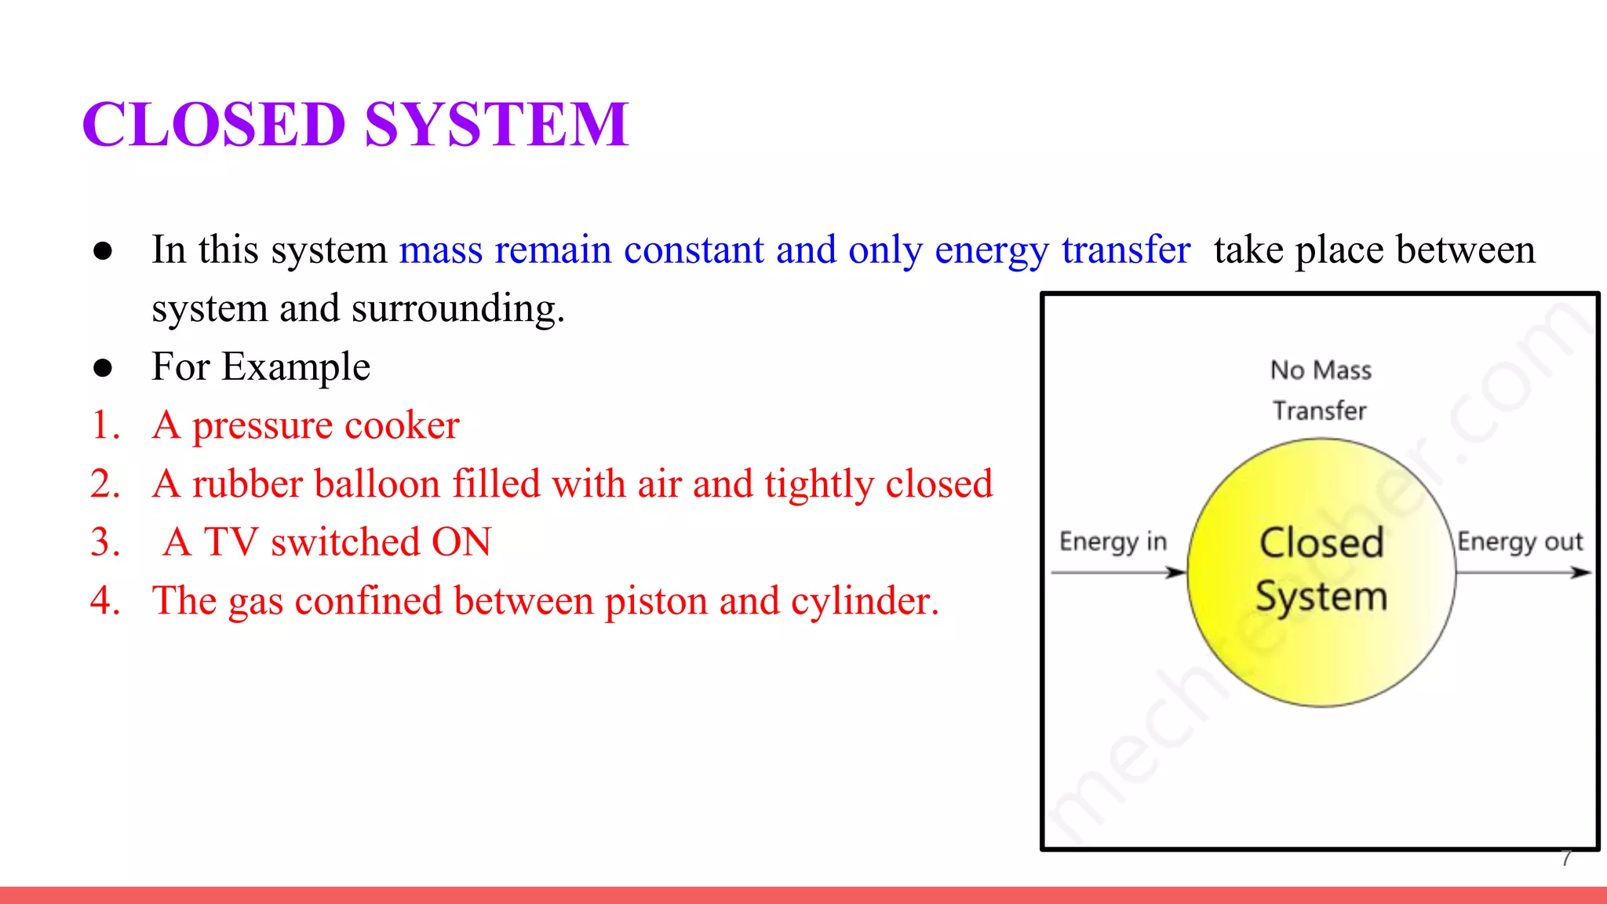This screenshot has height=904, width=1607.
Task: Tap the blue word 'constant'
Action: tap(694, 250)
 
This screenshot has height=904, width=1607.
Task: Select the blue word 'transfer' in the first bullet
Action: tap(1126, 250)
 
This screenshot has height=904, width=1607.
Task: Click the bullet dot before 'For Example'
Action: tap(103, 367)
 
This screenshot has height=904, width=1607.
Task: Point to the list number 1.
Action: tap(105, 425)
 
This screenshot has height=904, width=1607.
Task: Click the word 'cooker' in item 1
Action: tap(401, 425)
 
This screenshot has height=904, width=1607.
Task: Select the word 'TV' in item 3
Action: tap(231, 542)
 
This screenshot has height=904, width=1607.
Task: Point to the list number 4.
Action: tap(105, 601)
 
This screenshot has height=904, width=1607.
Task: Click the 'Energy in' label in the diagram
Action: tap(1113, 541)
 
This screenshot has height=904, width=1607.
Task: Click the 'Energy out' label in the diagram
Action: tap(1520, 541)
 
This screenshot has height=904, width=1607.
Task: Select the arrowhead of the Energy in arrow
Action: tap(1177, 573)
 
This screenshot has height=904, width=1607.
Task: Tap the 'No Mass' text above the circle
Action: tap(1321, 370)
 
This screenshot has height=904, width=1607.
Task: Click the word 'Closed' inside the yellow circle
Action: tap(1321, 542)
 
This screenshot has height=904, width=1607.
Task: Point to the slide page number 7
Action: tap(1566, 858)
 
